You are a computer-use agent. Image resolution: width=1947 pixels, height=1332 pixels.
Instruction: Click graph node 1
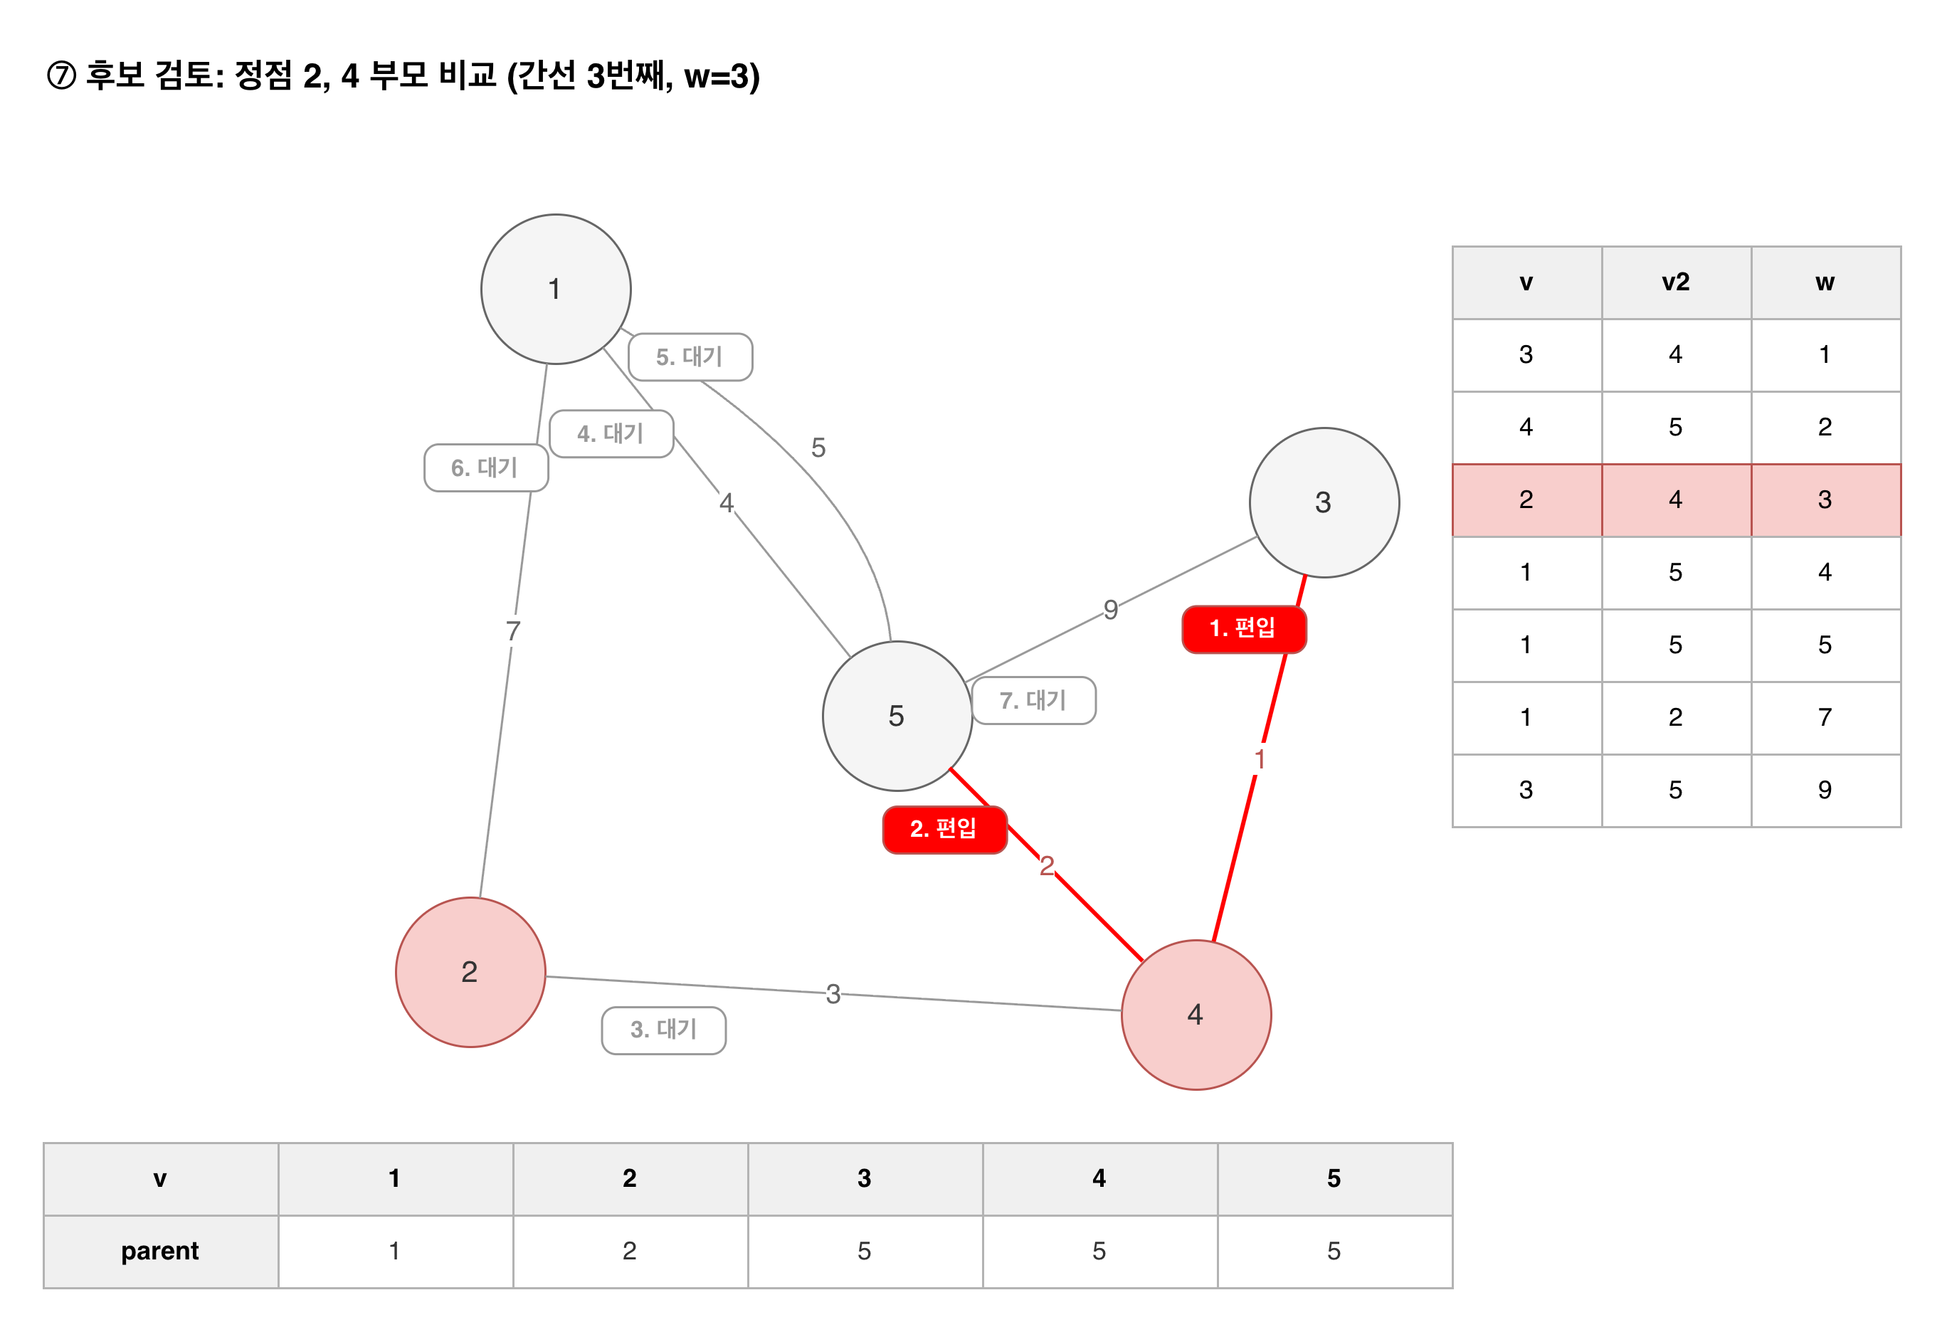[556, 289]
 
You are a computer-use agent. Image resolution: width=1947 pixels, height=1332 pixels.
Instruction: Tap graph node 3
[1324, 502]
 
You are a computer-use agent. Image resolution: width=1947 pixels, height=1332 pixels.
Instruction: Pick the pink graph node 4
[1196, 1015]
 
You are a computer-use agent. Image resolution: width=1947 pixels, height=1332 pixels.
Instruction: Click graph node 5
[897, 717]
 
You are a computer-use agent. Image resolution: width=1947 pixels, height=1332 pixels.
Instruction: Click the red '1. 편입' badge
[1243, 629]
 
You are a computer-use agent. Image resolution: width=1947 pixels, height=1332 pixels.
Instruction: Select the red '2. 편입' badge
[944, 830]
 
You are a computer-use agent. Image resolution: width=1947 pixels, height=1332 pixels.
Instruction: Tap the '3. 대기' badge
[663, 1030]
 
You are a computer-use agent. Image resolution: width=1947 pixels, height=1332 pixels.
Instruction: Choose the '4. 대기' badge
[611, 434]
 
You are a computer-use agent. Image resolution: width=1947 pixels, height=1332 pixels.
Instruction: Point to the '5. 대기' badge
[690, 357]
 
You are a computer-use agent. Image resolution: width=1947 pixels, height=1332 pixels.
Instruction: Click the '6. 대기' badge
[486, 467]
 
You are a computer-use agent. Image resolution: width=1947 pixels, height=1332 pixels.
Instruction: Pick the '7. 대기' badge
[1034, 700]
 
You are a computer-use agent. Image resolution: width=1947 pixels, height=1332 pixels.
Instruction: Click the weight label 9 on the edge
[1110, 610]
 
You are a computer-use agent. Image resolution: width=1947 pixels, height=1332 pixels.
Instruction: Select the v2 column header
[1676, 282]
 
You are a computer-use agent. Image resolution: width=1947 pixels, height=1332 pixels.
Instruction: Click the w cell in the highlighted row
[1825, 500]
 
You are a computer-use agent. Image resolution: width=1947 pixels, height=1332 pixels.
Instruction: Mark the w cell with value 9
[1825, 790]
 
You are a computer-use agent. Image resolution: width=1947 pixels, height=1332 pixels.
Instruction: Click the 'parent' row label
[160, 1251]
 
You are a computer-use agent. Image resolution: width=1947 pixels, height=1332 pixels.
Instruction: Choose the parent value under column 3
[865, 1251]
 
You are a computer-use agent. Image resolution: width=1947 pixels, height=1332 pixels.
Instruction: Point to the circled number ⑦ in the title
[61, 75]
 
